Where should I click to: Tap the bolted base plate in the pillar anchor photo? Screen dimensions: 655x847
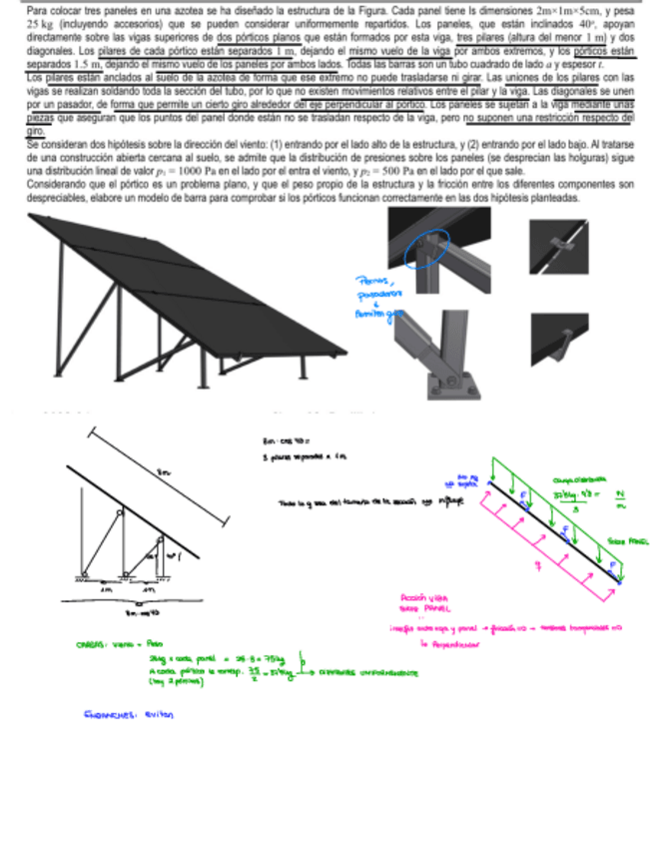tap(445, 385)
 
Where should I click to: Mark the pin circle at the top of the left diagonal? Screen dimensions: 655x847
tap(119, 512)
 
